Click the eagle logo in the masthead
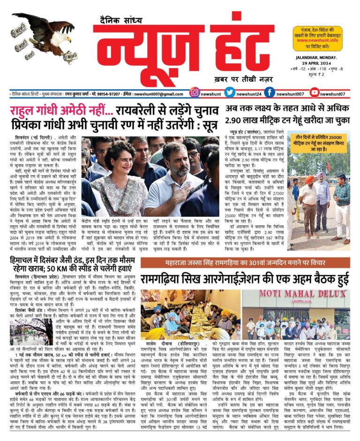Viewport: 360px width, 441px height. (45, 35)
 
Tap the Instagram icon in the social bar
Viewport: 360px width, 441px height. (195, 93)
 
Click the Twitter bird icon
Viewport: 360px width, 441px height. (230, 93)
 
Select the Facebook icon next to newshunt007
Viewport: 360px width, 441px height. (270, 93)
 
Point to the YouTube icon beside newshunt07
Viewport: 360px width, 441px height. (315, 93)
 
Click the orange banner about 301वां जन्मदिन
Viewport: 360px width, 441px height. (245, 262)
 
